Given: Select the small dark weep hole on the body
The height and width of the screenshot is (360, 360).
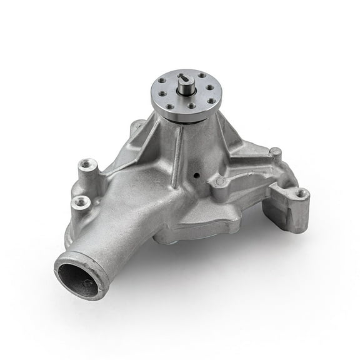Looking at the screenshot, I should (x=199, y=176).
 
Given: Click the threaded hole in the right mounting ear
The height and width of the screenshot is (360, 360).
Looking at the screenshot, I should (x=302, y=193).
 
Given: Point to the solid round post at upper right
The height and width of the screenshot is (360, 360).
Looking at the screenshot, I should (x=275, y=152).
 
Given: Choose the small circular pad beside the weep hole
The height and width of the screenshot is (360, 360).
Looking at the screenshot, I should (x=219, y=182).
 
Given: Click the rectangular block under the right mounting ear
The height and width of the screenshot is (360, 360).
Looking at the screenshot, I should (x=287, y=216).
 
